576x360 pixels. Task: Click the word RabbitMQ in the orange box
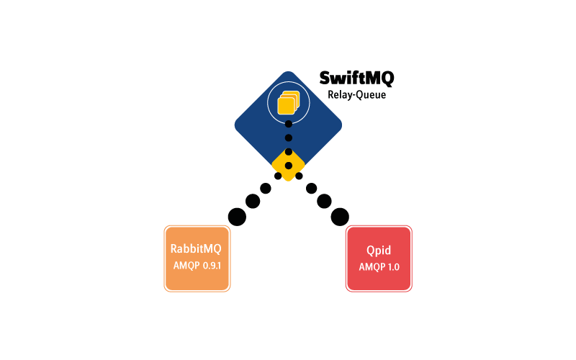click(x=196, y=249)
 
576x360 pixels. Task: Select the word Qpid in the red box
click(x=379, y=250)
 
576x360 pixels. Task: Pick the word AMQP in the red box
click(x=372, y=266)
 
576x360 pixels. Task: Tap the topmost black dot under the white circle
click(x=289, y=124)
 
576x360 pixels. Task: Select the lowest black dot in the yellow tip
click(x=289, y=166)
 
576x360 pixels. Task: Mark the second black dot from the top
click(x=289, y=138)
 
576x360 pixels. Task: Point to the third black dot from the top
click(x=289, y=152)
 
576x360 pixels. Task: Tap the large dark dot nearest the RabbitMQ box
click(x=237, y=215)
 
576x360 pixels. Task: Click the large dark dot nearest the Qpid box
click(x=340, y=215)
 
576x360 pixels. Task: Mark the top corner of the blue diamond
click(x=288, y=72)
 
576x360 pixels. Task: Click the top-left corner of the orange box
click(x=166, y=227)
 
